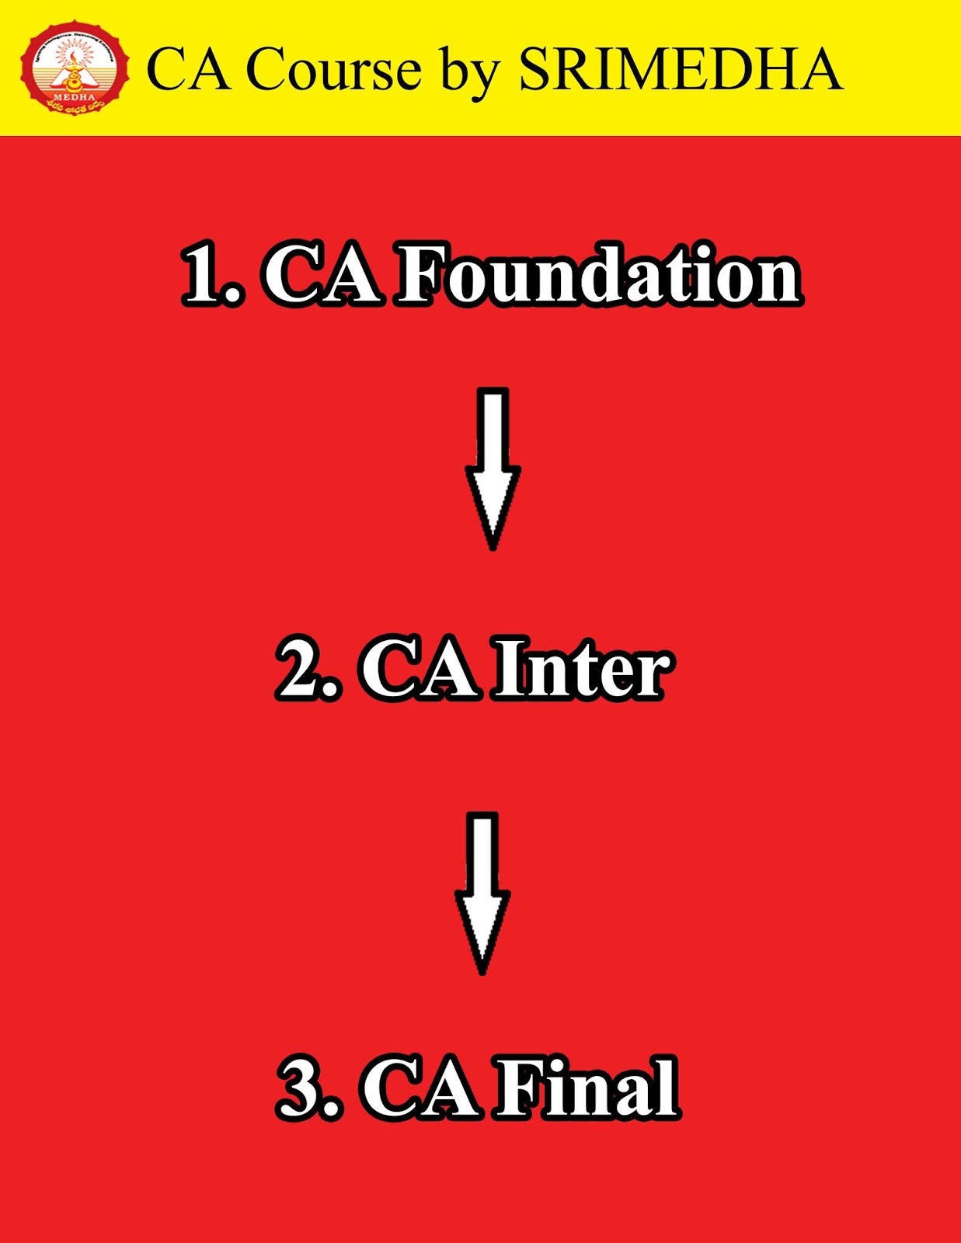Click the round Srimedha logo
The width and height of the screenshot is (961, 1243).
[x=75, y=68]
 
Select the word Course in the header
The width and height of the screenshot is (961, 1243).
[x=333, y=70]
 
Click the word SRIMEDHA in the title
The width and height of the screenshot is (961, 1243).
[x=680, y=70]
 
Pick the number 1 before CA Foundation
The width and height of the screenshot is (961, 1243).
[x=204, y=275]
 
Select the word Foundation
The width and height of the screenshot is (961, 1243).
[x=598, y=275]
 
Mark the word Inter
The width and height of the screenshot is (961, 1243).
[x=583, y=668]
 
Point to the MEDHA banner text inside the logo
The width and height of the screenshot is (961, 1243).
[x=75, y=97]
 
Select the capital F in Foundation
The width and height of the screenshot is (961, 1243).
[x=423, y=275]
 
